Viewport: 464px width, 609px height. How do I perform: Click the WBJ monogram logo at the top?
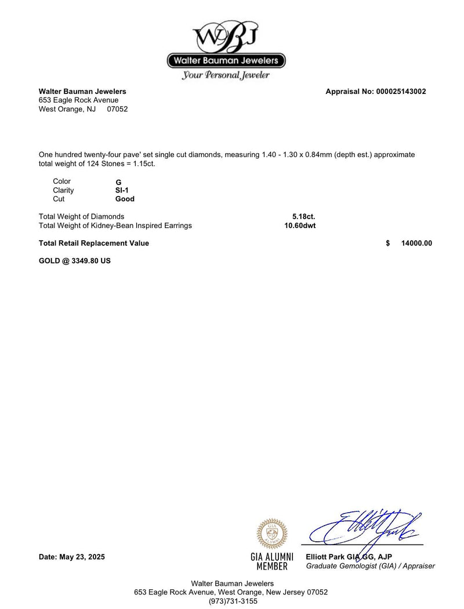tap(226, 36)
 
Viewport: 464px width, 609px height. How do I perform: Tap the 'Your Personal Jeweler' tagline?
tap(226, 75)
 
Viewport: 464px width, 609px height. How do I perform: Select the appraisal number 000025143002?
tap(401, 92)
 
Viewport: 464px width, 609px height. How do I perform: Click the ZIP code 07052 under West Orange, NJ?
tap(117, 109)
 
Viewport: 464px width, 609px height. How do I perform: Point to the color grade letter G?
tap(118, 182)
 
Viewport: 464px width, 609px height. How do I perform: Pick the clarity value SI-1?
tap(122, 190)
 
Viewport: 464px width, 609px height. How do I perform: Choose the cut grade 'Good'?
tap(125, 199)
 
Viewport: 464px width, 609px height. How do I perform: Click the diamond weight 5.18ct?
tap(304, 217)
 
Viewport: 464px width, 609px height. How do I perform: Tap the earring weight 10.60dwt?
tap(300, 226)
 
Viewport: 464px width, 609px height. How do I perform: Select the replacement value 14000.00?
tap(416, 244)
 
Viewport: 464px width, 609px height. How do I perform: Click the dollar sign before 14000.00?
tap(388, 244)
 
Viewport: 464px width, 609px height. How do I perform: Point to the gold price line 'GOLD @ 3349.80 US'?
tap(75, 261)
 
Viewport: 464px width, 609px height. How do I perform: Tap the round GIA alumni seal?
tap(272, 533)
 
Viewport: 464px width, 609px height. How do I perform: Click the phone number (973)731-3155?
tap(233, 601)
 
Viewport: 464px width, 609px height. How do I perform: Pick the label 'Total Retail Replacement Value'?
tap(94, 244)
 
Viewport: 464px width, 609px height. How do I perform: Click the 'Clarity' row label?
tap(63, 190)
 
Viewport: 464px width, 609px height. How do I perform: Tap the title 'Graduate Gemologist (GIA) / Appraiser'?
tap(370, 566)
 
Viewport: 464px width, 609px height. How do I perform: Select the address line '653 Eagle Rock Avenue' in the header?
tap(78, 100)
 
